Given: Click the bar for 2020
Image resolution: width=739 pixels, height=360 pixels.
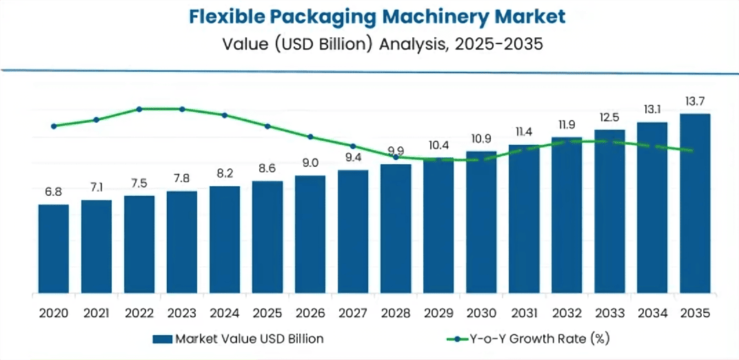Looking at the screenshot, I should [53, 248].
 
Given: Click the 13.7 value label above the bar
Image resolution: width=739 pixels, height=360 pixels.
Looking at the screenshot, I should [695, 101].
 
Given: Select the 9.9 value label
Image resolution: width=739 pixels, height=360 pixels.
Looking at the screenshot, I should [396, 151].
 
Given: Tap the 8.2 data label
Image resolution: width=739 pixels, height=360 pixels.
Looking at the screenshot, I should [225, 173].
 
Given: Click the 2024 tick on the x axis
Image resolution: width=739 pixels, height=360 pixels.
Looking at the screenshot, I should [225, 312].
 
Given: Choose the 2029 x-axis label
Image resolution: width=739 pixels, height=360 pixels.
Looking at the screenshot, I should [438, 312].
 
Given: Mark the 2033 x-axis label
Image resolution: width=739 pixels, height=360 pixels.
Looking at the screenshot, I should [609, 312].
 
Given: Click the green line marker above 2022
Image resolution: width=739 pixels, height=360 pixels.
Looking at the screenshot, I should [139, 109].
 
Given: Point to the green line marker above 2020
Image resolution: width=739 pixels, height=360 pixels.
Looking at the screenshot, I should [53, 126].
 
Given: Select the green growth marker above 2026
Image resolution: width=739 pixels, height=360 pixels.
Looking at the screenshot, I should [310, 137].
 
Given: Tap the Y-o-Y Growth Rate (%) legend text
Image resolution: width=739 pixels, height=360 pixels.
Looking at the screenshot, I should [540, 339].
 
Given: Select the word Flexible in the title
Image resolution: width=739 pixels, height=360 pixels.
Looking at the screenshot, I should [224, 17].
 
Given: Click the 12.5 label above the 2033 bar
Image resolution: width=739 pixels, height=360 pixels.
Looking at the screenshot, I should [609, 117].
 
